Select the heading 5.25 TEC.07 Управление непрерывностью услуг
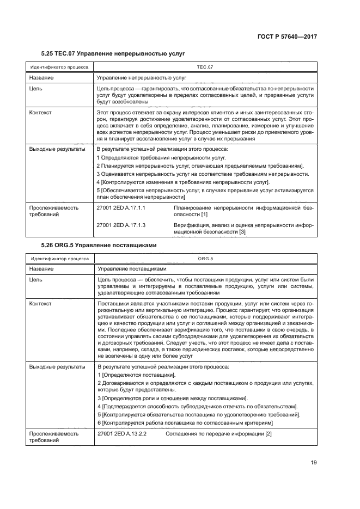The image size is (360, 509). point(113,54)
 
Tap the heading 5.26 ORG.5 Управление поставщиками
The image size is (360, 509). point(99,245)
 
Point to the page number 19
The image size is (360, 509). point(313,463)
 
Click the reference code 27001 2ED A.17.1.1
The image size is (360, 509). point(124,208)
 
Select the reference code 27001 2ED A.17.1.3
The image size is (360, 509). point(124,224)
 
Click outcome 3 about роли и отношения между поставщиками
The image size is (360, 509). point(172,398)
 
